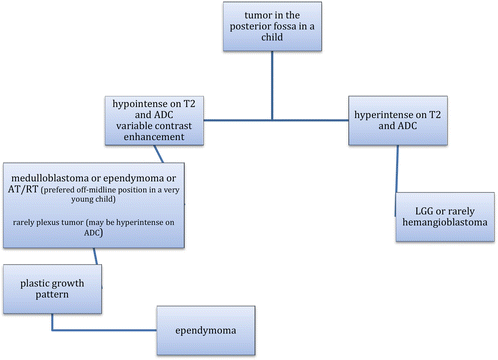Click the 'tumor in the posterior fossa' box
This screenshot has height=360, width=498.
coord(272,26)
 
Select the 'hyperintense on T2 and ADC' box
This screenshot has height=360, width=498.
coord(398,120)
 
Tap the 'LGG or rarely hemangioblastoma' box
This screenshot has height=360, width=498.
coord(445,217)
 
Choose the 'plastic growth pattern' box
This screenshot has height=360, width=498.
coord(52,289)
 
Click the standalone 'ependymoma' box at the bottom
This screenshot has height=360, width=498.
coord(206,330)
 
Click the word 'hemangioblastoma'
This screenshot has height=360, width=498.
coord(445,222)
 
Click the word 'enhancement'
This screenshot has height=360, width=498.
coord(154,137)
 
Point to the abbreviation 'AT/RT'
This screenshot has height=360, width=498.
coord(23,189)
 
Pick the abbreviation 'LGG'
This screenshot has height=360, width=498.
coord(424,211)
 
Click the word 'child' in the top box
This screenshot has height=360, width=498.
coord(272,37)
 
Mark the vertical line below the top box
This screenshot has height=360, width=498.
coord(272,85)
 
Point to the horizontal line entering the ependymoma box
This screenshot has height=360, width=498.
coord(104,330)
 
